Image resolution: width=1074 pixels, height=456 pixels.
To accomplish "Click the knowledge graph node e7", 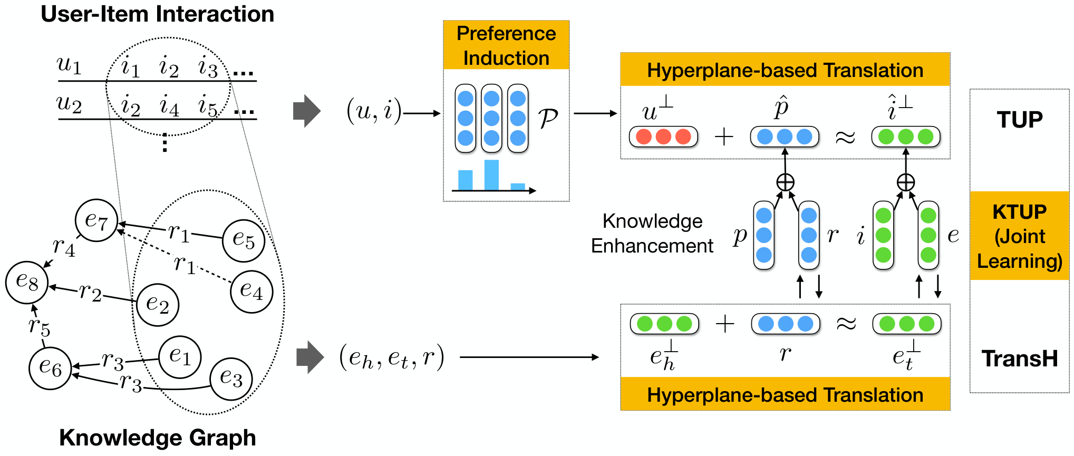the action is click(96, 221).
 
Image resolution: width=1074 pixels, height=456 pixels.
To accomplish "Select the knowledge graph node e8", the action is click(27, 282).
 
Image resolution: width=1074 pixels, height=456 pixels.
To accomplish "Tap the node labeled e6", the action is click(50, 368).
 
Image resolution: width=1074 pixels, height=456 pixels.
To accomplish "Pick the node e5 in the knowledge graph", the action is click(244, 241).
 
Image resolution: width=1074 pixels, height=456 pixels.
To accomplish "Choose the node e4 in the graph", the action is click(251, 292).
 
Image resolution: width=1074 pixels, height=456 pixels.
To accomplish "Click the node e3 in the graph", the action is click(231, 379).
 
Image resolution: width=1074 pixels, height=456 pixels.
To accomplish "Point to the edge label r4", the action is click(64, 247).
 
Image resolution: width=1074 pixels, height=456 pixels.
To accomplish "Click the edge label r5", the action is click(40, 326).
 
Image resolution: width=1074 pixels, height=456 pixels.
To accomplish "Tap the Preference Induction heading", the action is click(506, 45).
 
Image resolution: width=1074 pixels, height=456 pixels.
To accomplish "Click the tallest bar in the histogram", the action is click(491, 174).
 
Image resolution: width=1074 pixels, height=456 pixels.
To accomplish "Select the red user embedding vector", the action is click(663, 137).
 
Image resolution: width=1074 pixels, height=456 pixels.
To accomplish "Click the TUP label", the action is click(1020, 120).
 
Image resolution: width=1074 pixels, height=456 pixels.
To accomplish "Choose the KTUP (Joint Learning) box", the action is click(1020, 236).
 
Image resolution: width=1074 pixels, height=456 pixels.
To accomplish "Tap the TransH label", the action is click(1020, 358).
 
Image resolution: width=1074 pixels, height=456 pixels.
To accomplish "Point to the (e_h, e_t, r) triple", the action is click(392, 357).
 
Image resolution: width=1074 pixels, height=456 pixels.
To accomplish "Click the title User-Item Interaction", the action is click(157, 14).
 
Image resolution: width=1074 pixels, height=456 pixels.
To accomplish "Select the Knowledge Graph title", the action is click(157, 438).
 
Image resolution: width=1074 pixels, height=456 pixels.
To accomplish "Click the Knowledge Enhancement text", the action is click(652, 234).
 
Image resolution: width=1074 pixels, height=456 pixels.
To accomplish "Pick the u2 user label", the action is click(70, 103).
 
